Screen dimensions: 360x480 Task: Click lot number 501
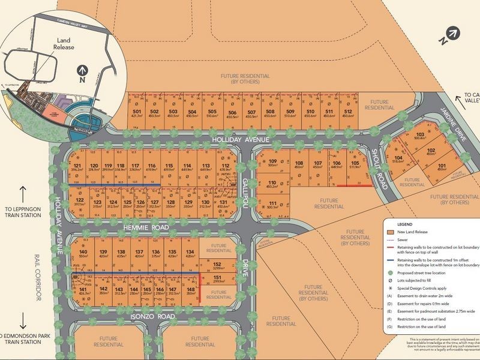click(136, 113)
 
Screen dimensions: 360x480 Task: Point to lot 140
click(83, 253)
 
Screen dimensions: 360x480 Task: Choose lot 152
click(218, 266)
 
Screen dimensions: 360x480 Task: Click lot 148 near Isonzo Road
click(191, 292)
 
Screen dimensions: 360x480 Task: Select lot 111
click(272, 205)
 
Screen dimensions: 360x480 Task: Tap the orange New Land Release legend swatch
click(391, 231)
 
